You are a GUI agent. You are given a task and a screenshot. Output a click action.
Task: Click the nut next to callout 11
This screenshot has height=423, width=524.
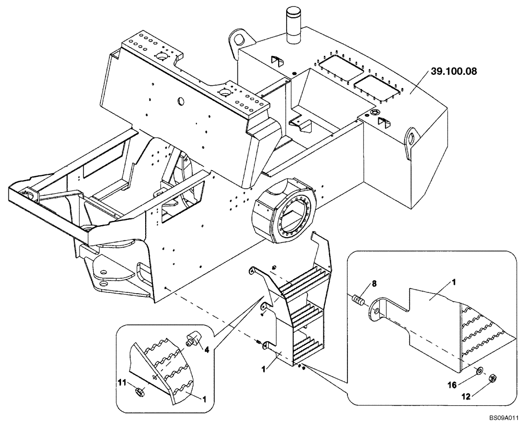click(139, 391)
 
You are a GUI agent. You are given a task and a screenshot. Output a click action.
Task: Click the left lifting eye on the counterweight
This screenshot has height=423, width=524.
click(238, 40)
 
